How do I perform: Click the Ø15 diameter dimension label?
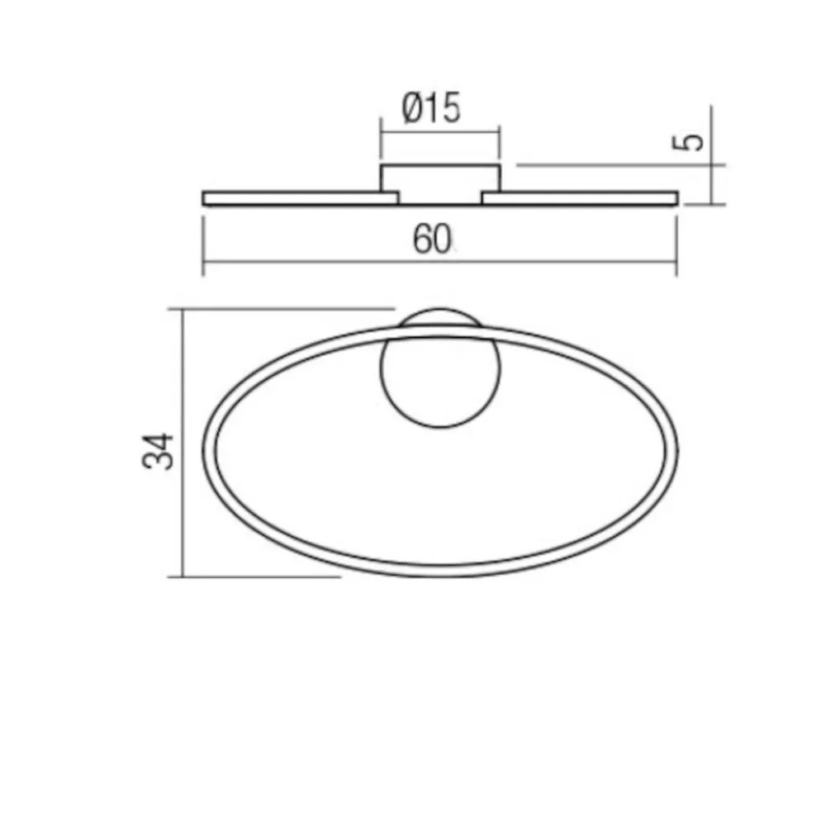(x=432, y=109)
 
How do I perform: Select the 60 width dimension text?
(x=433, y=240)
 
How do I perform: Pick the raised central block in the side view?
(x=439, y=182)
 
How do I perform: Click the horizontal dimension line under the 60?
(x=330, y=262)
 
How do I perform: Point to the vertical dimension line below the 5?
(x=711, y=186)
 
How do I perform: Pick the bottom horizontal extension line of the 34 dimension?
(x=256, y=577)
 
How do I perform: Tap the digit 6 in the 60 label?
(x=422, y=240)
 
